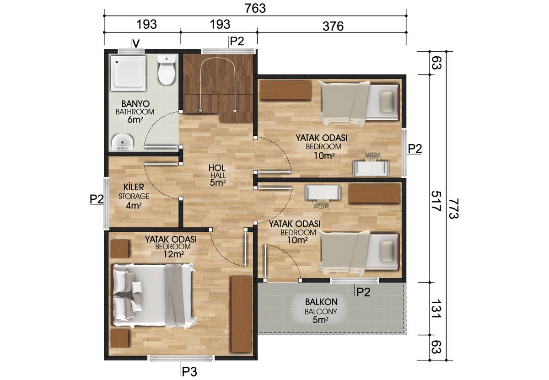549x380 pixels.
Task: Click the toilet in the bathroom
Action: tap(167, 70)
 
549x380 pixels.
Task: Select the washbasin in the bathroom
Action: tap(123, 142)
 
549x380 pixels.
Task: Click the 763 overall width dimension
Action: tap(255, 8)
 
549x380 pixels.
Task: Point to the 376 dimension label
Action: tap(333, 26)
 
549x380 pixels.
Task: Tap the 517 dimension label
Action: tap(436, 201)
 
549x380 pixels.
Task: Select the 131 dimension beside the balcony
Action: tap(436, 309)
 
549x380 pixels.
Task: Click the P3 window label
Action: tap(189, 372)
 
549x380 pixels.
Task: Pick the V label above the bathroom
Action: tap(136, 43)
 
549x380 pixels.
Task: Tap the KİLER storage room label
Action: tap(134, 187)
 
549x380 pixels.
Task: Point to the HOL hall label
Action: tap(217, 168)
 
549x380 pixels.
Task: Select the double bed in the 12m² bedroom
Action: tap(154, 296)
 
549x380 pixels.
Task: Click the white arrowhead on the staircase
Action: tap(235, 111)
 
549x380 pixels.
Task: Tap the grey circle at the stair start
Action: tap(200, 111)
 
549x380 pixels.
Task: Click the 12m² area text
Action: tap(173, 254)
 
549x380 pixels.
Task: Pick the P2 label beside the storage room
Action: tap(97, 199)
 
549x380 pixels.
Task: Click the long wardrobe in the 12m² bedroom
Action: tap(241, 314)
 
